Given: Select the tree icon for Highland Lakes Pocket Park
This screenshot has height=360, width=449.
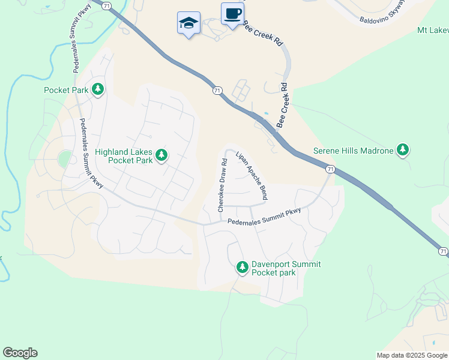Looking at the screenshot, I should click(161, 156).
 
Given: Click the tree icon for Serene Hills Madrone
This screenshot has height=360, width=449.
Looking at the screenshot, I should click(403, 150).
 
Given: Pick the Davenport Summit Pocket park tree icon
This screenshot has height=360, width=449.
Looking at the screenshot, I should click(242, 267).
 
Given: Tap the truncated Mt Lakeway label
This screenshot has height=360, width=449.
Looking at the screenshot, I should click(433, 30).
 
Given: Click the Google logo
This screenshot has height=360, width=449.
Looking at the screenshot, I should click(20, 353).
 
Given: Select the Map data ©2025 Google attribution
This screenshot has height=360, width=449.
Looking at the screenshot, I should click(412, 355).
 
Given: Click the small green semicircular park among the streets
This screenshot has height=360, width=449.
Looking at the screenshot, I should click(64, 160).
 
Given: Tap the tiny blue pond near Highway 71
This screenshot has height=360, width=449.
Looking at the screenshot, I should click(266, 113).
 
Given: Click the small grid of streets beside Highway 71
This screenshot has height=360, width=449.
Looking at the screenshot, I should click(241, 91).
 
